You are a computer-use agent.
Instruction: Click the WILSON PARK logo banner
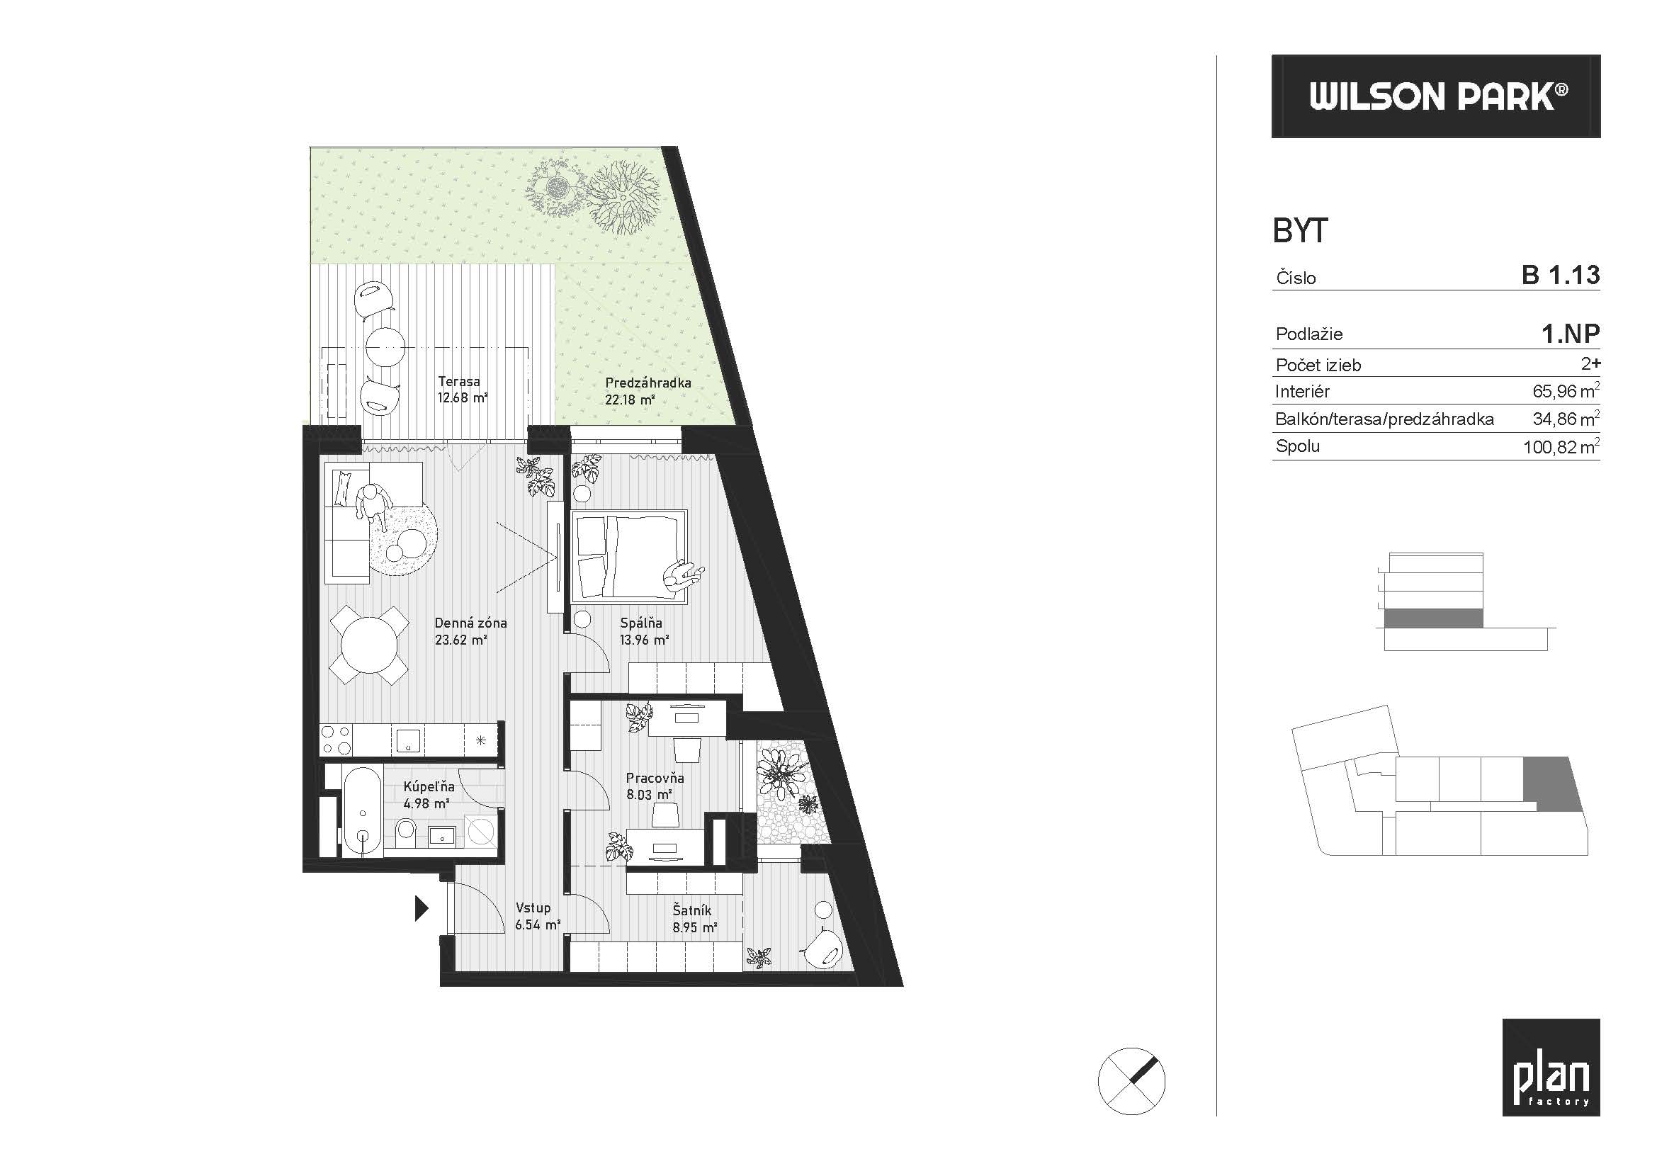(1435, 96)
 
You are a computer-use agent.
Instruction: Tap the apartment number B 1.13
(1561, 275)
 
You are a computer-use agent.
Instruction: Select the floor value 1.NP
(1571, 334)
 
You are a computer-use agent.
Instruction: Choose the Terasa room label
(459, 382)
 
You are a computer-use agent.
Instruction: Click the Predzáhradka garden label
(648, 383)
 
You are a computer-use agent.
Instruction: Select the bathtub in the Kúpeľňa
(361, 811)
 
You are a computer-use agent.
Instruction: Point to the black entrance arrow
(422, 908)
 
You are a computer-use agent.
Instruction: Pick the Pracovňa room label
(655, 779)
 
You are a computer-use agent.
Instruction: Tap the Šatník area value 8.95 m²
(694, 928)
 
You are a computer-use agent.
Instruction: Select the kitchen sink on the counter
(409, 740)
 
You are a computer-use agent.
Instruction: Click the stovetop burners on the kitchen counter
(337, 740)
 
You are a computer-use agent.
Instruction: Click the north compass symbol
(1131, 1081)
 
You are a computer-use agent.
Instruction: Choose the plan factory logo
(1551, 1068)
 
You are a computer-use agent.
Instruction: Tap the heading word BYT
(1300, 231)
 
